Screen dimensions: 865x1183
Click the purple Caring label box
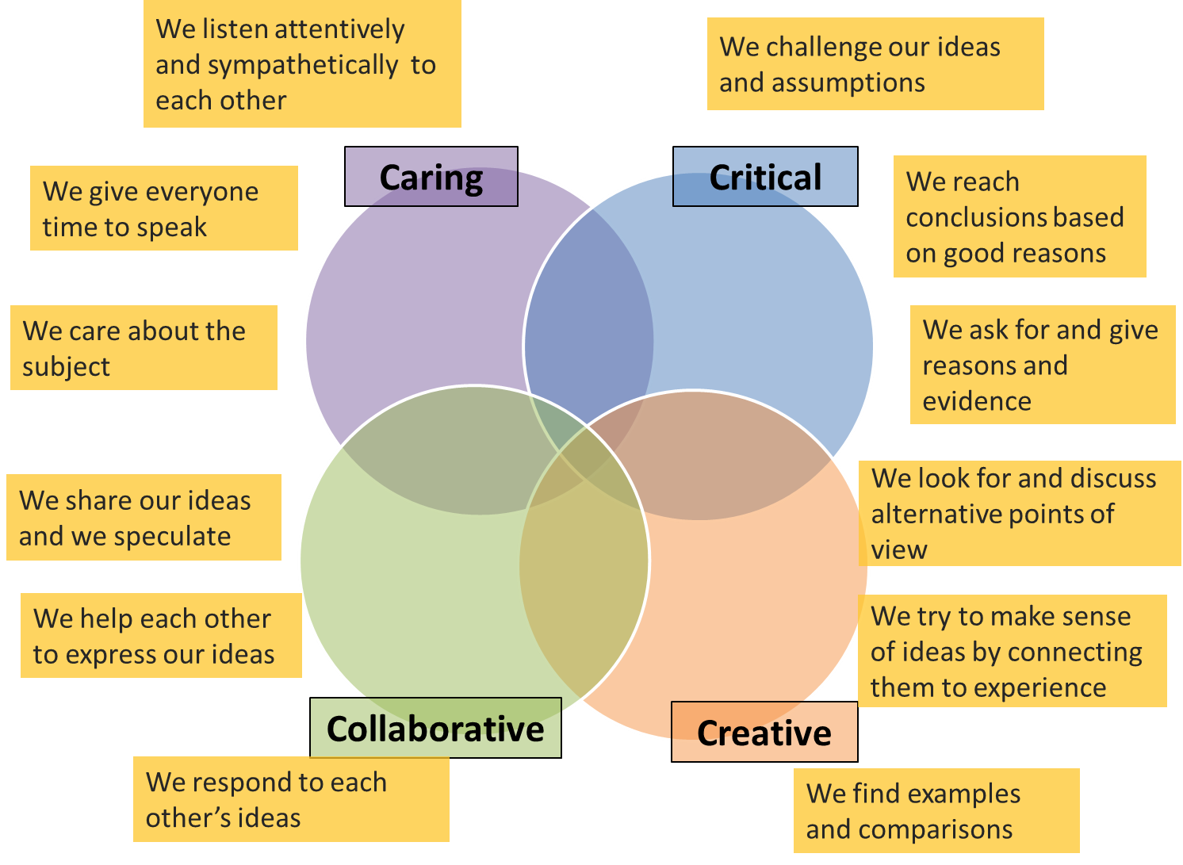pyautogui.click(x=431, y=177)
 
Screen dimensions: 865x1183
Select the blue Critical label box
pyautogui.click(x=765, y=177)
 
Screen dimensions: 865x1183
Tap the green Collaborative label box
pyautogui.click(x=435, y=728)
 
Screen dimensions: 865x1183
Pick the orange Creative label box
pyautogui.click(x=764, y=732)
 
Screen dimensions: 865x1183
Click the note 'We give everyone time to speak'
pyautogui.click(x=163, y=209)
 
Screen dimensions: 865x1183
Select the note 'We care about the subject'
pyautogui.click(x=144, y=348)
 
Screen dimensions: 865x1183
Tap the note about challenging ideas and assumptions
pyautogui.click(x=875, y=64)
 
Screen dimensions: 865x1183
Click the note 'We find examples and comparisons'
pyautogui.click(x=936, y=810)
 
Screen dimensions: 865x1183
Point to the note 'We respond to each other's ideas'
pyautogui.click(x=291, y=799)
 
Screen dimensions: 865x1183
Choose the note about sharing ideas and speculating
pyautogui.click(x=144, y=518)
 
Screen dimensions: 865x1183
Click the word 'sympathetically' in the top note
pyautogui.click(x=277, y=65)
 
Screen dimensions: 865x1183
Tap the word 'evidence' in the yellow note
pyautogui.click(x=976, y=401)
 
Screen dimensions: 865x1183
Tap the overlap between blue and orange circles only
pyautogui.click(x=714, y=452)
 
